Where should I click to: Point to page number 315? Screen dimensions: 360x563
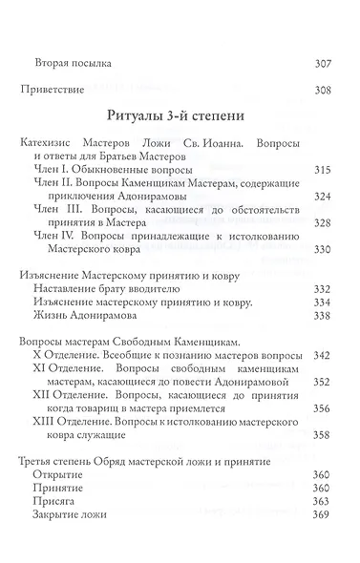point(324,169)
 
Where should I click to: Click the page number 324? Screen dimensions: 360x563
point(324,196)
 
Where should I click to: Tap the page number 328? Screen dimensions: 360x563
point(324,222)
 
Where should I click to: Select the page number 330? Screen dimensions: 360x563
point(324,249)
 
